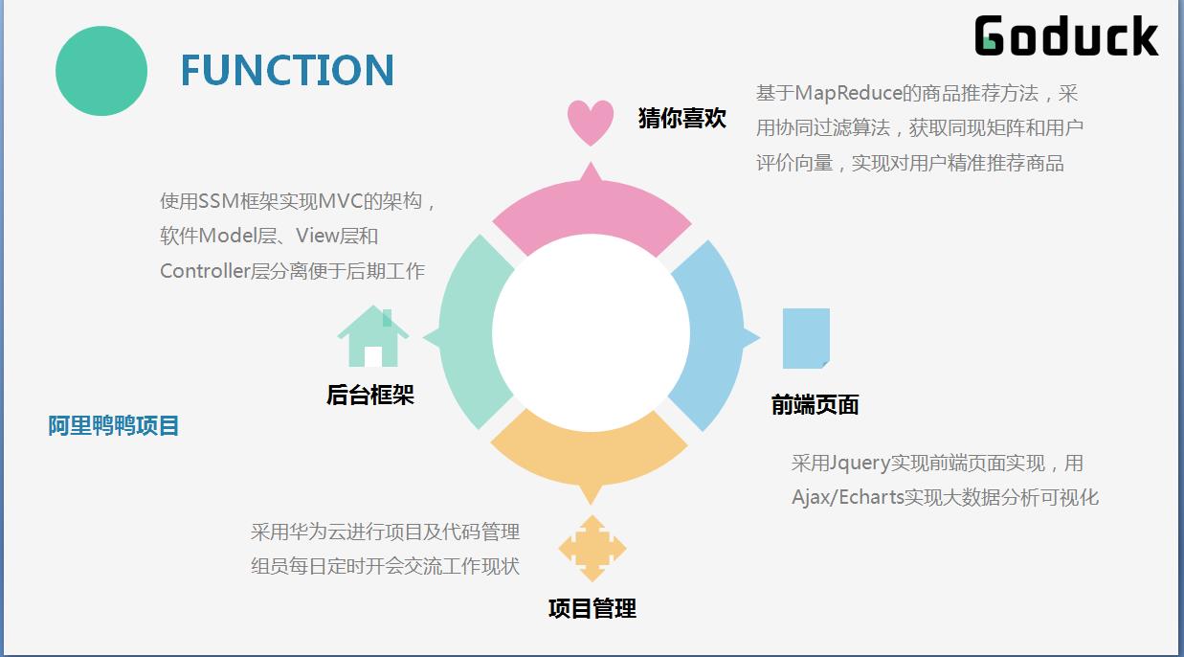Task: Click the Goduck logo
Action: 1066,35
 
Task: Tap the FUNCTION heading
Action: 287,70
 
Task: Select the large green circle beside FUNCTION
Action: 101,71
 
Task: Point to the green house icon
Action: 373,336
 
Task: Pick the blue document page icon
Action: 806,338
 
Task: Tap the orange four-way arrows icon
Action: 592,549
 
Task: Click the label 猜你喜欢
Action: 681,118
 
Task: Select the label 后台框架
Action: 370,395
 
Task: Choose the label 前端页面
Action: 815,405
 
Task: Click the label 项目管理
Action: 592,608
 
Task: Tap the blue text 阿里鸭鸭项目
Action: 113,426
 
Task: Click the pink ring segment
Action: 592,212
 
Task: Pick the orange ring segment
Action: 590,455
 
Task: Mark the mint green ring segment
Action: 469,333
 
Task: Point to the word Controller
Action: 205,271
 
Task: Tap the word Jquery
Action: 860,464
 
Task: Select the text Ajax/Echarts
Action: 848,497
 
